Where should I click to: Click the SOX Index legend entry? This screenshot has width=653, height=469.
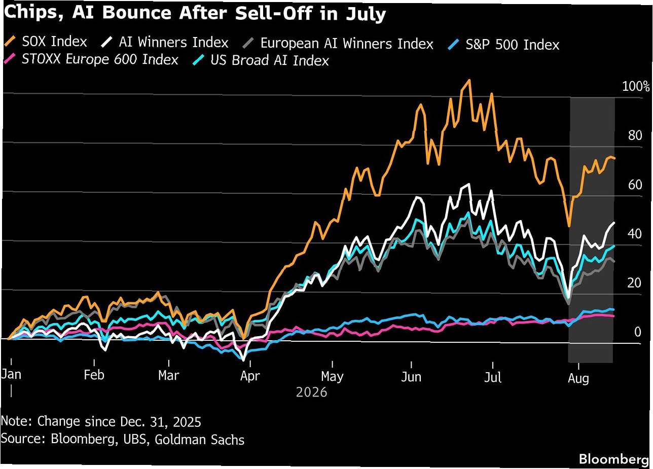(46, 42)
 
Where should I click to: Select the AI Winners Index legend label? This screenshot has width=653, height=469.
(165, 42)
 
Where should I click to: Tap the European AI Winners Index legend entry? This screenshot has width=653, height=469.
(338, 44)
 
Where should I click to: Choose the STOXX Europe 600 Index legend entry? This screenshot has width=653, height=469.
(91, 59)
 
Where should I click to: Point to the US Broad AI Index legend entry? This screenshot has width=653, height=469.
(261, 60)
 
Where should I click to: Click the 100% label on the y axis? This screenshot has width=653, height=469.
(636, 86)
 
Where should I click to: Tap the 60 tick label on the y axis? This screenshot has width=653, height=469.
(635, 185)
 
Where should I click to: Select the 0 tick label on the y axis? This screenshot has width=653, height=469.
(638, 332)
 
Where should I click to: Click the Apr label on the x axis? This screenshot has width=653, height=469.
(250, 376)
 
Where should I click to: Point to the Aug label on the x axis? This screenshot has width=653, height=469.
(578, 378)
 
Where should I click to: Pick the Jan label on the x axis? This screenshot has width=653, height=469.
(11, 374)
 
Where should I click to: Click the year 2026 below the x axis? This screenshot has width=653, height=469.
(311, 392)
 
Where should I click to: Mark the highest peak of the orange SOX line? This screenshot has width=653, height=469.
(469, 80)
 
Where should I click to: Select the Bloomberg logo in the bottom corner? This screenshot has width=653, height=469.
(613, 459)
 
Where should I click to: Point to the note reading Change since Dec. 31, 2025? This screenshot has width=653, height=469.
(119, 421)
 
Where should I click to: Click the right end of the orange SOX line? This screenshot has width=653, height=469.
(614, 158)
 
